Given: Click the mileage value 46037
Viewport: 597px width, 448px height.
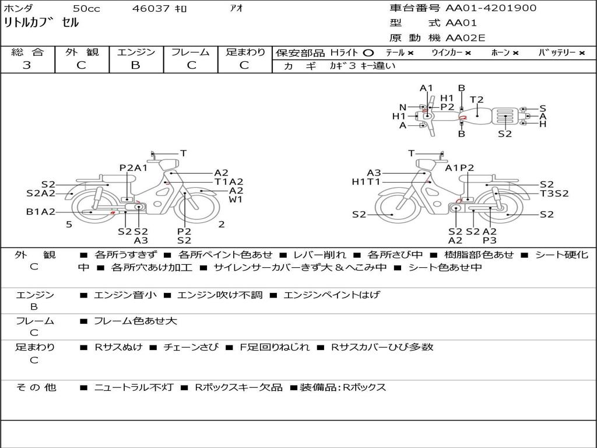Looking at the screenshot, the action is (151, 9).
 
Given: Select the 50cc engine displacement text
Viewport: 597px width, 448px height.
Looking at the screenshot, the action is (86, 9).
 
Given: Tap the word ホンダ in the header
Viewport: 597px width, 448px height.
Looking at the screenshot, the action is (19, 9).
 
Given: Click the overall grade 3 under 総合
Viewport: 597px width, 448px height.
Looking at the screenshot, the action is (27, 65).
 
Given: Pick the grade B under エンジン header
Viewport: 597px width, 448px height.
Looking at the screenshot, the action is (135, 65).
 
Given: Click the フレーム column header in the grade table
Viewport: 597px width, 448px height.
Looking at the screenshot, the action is (190, 52).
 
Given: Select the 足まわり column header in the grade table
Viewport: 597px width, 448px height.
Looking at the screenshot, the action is (245, 52).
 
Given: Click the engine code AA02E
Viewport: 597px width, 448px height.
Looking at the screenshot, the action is (465, 38).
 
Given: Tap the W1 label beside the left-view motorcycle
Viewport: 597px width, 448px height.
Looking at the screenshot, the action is (236, 199).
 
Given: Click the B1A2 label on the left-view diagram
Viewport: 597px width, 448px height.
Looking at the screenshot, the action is (40, 212).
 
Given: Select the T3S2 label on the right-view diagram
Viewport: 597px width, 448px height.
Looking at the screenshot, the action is (554, 194).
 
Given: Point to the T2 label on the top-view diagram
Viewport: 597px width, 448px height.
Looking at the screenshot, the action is (477, 100).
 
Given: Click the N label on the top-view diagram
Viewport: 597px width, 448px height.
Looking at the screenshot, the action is (403, 107).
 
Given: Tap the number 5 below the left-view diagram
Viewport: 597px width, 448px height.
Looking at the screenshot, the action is (69, 225).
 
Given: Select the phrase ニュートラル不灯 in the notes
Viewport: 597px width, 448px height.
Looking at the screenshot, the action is (134, 387).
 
